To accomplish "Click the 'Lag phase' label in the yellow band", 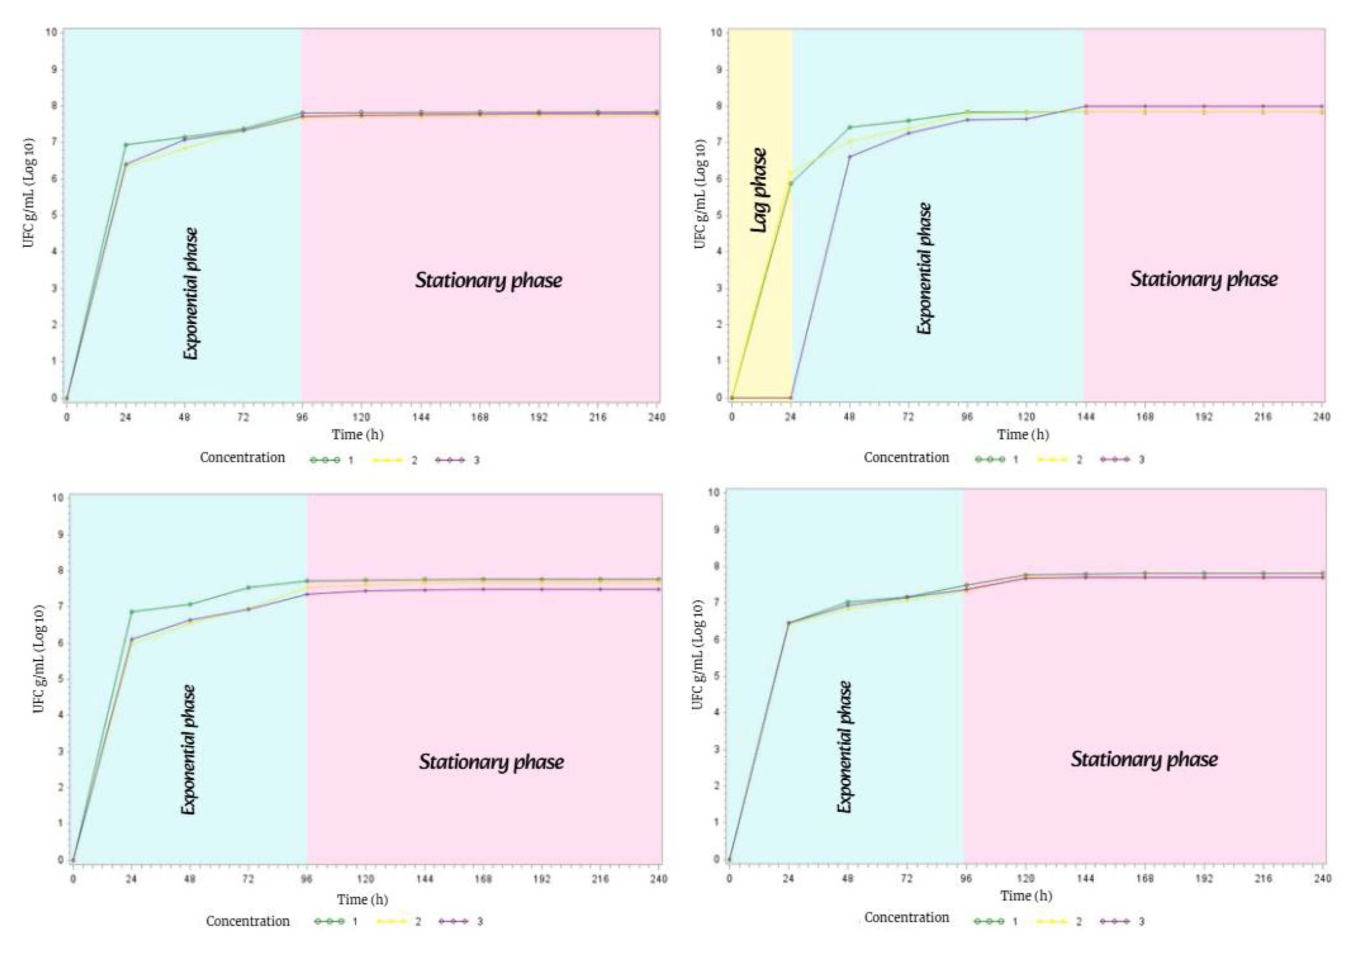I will click(x=760, y=189).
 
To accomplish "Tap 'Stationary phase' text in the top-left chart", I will click(x=488, y=280).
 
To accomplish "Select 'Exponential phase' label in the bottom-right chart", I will click(x=845, y=746).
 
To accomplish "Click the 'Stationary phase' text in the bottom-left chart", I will click(x=491, y=762).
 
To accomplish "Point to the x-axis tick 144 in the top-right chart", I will click(x=1085, y=417).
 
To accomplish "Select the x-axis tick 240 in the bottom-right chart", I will click(x=1323, y=879).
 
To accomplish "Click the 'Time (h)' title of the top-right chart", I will click(x=1023, y=435).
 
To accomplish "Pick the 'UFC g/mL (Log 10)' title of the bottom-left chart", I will click(x=39, y=659).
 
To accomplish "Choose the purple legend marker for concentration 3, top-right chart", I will click(x=1115, y=459).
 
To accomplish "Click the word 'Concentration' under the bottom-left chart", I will click(x=247, y=921).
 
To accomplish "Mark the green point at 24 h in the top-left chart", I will click(x=126, y=144).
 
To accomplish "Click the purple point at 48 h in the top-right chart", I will click(x=850, y=157).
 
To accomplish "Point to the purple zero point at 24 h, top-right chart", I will click(x=791, y=398).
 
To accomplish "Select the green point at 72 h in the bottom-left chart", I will click(x=248, y=587).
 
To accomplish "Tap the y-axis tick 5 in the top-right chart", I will click(x=719, y=215).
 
